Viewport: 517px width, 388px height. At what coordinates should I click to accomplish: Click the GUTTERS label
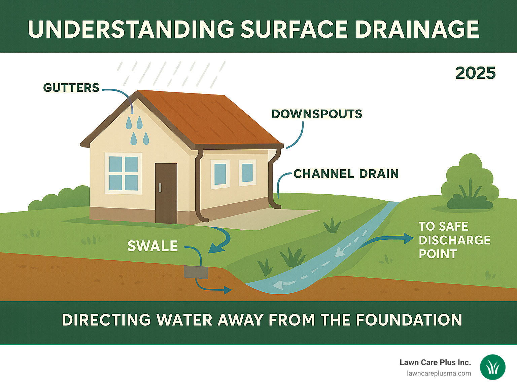[x=71, y=88]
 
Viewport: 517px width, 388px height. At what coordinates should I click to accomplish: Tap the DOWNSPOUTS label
[x=316, y=114]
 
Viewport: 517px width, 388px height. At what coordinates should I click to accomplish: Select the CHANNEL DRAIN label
[x=346, y=174]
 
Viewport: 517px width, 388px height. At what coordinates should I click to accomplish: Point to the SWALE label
[x=152, y=246]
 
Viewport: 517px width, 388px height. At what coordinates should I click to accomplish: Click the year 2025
[x=475, y=73]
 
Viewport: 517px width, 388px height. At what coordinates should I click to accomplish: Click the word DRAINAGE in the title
[x=417, y=29]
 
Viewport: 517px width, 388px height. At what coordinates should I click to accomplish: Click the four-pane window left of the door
[x=123, y=173]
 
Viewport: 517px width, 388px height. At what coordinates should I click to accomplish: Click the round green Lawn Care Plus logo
[x=492, y=367]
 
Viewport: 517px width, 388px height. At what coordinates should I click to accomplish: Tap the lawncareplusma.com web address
[x=439, y=374]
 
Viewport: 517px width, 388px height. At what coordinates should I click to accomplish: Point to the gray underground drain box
[x=196, y=272]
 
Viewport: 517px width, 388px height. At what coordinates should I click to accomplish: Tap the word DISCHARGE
[x=454, y=240]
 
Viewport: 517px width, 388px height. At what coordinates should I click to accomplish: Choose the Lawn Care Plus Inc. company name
[x=435, y=362]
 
